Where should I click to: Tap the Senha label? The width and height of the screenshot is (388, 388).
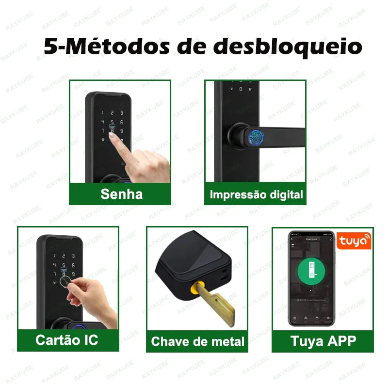pos(121,194)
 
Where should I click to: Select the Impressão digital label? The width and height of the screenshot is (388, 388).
pos(256,194)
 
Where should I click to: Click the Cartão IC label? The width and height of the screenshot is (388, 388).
pos(66,339)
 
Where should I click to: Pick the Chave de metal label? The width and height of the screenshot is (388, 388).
pos(198,341)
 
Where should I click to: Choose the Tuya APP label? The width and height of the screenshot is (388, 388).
pos(323,340)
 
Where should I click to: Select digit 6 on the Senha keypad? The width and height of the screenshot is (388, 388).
pos(122,122)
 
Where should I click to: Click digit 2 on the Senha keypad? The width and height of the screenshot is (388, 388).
pos(112,113)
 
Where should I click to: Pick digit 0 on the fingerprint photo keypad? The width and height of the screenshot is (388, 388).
pos(241,89)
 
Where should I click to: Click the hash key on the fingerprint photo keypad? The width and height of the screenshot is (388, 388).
pos(250,89)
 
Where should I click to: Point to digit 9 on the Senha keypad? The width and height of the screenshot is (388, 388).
pos(122,131)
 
